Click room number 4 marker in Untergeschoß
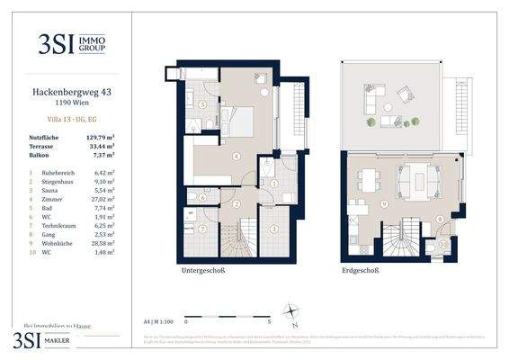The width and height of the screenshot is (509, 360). [x=236, y=157]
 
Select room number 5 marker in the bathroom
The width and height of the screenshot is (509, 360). [x=203, y=104]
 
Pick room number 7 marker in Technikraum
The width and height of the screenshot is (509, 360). [x=203, y=227]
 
